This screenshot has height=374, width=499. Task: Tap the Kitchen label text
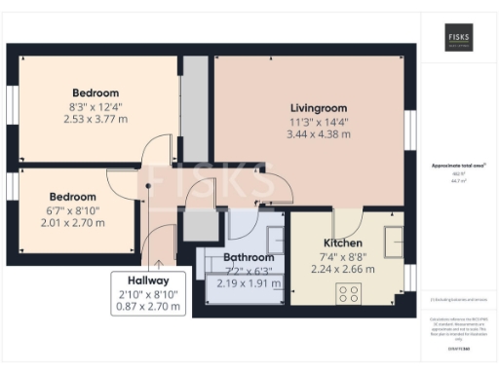pos(343,243)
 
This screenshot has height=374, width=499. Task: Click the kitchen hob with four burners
pos(349,293)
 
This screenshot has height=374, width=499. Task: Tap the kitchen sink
pos(397,240)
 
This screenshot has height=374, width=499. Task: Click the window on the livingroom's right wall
pos(410,136)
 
